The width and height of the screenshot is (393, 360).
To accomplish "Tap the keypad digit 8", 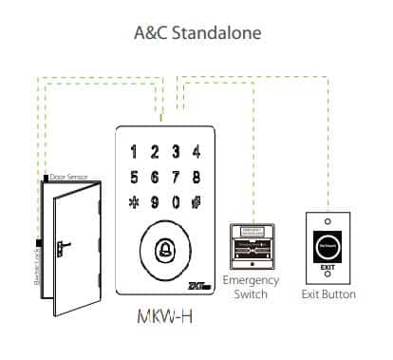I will click(x=196, y=176).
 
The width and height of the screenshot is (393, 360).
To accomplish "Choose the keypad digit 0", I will click(x=176, y=201).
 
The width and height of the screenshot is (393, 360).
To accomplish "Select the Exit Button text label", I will click(x=329, y=294).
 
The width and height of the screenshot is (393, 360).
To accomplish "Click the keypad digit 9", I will click(x=155, y=201).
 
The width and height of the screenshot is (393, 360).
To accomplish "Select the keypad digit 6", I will click(x=155, y=176).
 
